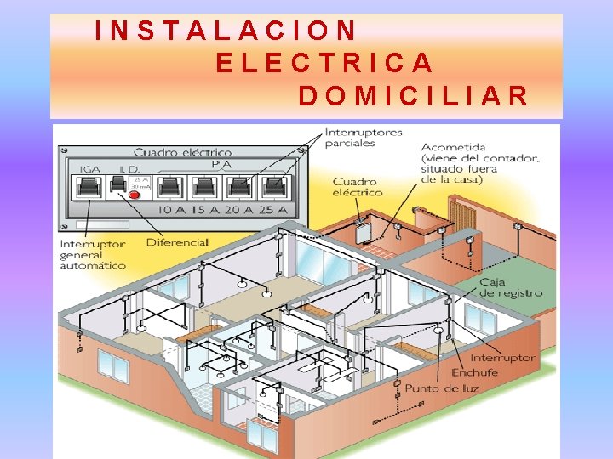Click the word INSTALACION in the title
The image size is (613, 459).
pyautogui.click(x=226, y=31)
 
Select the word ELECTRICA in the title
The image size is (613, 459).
pyautogui.click(x=325, y=63)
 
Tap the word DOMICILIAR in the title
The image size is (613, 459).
pyautogui.click(x=414, y=95)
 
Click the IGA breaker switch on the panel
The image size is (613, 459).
pyautogui.click(x=89, y=186)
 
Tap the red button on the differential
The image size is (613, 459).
pyautogui.click(x=134, y=195)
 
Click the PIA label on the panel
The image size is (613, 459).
pyautogui.click(x=221, y=164)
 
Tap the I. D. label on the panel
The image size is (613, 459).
pyautogui.click(x=130, y=169)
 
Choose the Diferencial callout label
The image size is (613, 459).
pyautogui.click(x=177, y=242)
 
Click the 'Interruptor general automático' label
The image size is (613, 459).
pyautogui.click(x=92, y=254)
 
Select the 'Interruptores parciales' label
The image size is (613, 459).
pyautogui.click(x=364, y=138)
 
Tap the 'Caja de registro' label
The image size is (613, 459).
pyautogui.click(x=510, y=287)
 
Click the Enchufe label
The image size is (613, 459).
pyautogui.click(x=476, y=372)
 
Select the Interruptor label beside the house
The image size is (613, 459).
pyautogui.click(x=503, y=357)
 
